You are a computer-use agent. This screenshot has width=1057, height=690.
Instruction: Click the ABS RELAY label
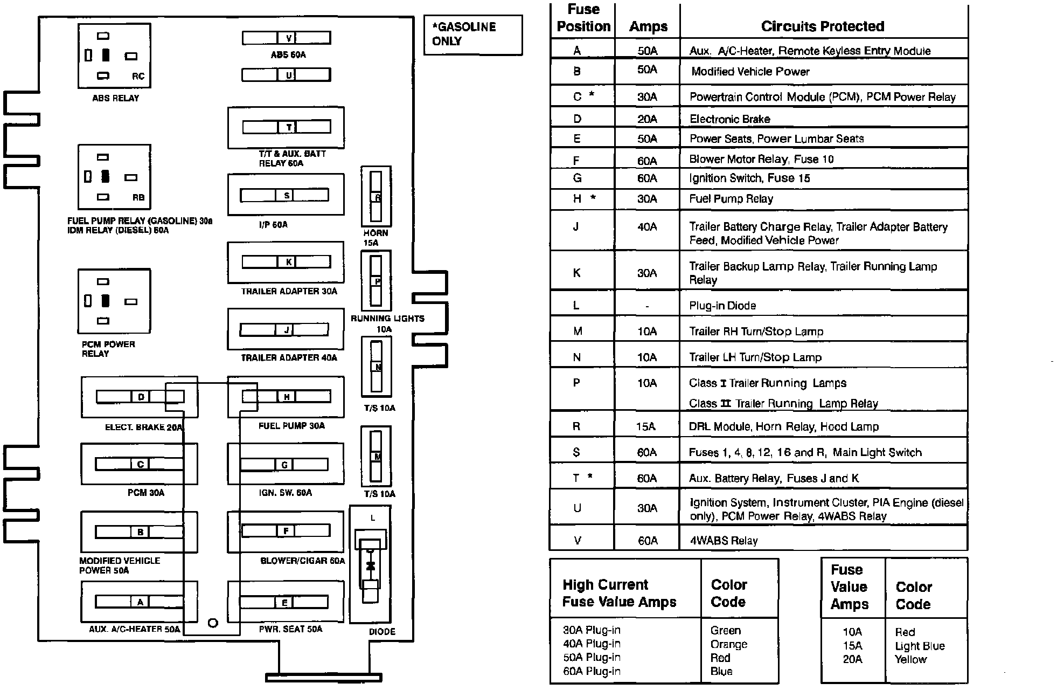pyautogui.click(x=115, y=98)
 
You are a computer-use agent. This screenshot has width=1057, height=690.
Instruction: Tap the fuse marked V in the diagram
pyautogui.click(x=286, y=38)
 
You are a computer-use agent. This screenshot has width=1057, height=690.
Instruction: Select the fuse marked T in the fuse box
pyautogui.click(x=287, y=127)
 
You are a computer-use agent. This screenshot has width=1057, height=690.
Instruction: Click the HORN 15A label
pyautogui.click(x=375, y=238)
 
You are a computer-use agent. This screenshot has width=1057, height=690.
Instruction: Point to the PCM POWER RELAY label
pyautogui.click(x=108, y=349)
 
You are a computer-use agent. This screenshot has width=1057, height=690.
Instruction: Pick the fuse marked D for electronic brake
pyautogui.click(x=140, y=397)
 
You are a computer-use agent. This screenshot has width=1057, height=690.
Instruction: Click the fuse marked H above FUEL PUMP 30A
pyautogui.click(x=287, y=397)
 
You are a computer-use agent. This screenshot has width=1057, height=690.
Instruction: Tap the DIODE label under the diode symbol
pyautogui.click(x=382, y=631)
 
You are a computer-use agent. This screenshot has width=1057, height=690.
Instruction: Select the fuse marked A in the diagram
pyautogui.click(x=140, y=602)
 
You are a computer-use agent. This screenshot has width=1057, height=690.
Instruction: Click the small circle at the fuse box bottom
pyautogui.click(x=213, y=623)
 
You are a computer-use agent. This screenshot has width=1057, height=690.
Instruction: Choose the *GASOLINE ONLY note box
pyautogui.click(x=472, y=34)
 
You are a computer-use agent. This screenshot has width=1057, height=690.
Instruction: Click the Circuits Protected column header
pyautogui.click(x=822, y=26)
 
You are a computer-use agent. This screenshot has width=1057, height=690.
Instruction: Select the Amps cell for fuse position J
pyautogui.click(x=646, y=227)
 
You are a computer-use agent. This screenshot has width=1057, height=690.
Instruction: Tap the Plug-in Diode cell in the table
pyautogui.click(x=722, y=306)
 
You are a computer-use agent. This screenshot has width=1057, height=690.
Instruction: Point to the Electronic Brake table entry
pyautogui.click(x=729, y=119)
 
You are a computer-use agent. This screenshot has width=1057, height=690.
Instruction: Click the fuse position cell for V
pyautogui.click(x=577, y=540)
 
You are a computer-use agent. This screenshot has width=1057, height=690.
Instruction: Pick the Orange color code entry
pyautogui.click(x=729, y=644)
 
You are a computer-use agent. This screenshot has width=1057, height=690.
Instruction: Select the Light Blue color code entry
pyautogui.click(x=920, y=646)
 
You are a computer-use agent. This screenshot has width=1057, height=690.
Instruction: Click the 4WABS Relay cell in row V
pyautogui.click(x=724, y=541)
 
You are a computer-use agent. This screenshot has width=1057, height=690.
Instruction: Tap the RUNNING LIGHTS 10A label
pyautogui.click(x=387, y=323)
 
